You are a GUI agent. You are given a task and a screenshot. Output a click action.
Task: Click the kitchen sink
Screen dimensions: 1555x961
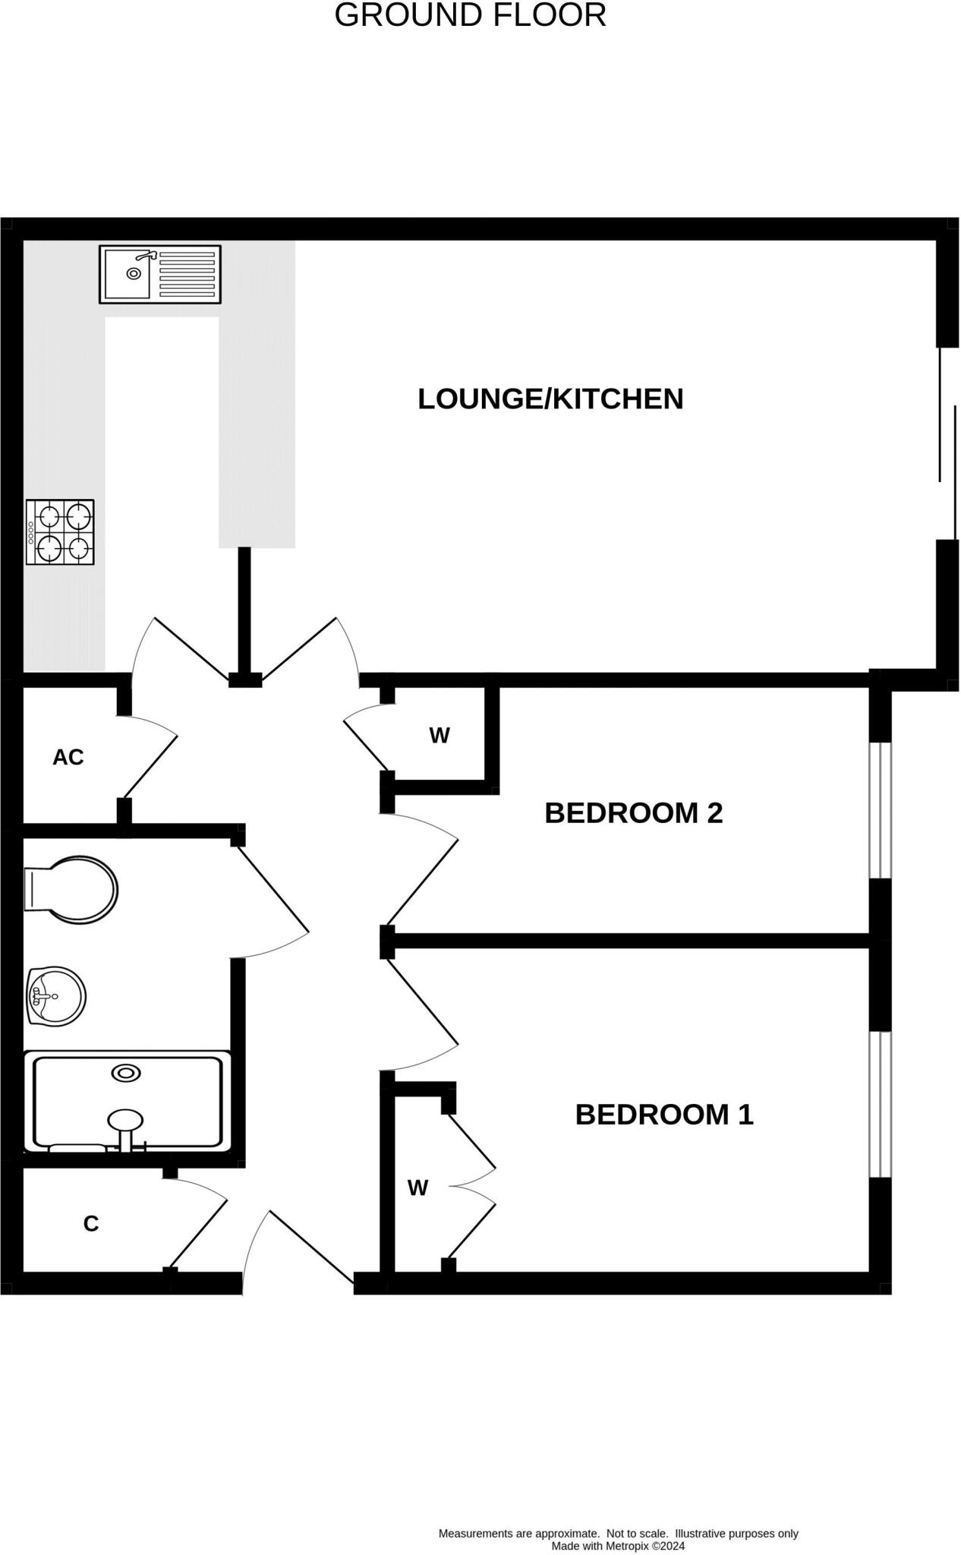(x=129, y=273)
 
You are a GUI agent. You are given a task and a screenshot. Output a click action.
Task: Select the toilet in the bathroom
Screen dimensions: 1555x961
(x=72, y=890)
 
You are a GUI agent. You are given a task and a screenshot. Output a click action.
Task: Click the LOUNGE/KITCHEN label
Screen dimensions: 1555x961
(x=550, y=399)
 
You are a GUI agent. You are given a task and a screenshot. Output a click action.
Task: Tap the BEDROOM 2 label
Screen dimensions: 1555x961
(x=633, y=813)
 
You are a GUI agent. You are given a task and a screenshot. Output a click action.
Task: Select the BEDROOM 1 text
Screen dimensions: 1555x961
(x=664, y=1115)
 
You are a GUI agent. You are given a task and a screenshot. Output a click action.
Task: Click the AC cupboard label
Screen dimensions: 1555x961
(x=68, y=757)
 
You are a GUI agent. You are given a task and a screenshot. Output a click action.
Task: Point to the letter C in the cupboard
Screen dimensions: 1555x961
(x=91, y=1224)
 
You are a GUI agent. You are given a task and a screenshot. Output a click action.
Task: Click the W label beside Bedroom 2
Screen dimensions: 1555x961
(x=440, y=735)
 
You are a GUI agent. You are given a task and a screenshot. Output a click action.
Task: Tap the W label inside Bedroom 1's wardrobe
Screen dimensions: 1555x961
(x=417, y=1188)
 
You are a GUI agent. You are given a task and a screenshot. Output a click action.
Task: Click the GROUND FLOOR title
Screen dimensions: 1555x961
(x=470, y=15)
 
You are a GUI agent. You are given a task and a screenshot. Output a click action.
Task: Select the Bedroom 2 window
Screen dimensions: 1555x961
(x=880, y=809)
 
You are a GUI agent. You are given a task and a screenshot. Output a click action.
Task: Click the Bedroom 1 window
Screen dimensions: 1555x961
(x=880, y=1104)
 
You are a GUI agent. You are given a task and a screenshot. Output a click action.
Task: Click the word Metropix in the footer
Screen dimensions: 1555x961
(x=628, y=1546)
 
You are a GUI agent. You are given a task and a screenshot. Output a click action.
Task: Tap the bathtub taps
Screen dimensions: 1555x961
(x=126, y=1143)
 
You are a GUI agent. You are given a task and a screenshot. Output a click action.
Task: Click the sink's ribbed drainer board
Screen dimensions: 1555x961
(x=187, y=274)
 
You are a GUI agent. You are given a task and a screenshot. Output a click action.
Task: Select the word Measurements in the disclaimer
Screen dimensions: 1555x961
(x=475, y=1534)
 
